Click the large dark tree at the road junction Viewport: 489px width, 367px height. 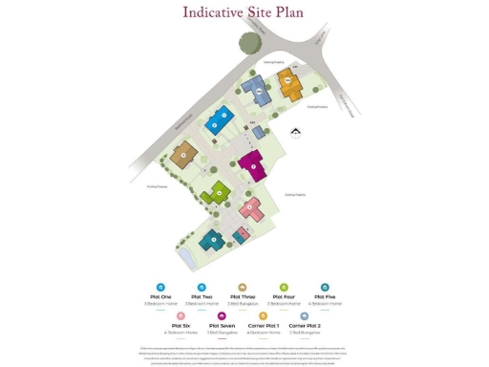pyautogui.click(x=251, y=42)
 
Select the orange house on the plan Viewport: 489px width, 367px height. pyautogui.click(x=289, y=83)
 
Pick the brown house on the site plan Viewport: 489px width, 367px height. pyautogui.click(x=183, y=155)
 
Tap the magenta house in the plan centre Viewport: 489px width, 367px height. pyautogui.click(x=252, y=164)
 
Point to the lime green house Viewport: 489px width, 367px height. pyautogui.click(x=218, y=193)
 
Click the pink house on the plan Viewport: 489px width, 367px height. pyautogui.click(x=252, y=208)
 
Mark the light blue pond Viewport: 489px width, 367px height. pyautogui.click(x=185, y=255)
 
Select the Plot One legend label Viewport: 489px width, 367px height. pyautogui.click(x=160, y=296)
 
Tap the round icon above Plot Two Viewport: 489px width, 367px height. pyautogui.click(x=202, y=286)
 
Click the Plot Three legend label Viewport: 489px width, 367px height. pyautogui.click(x=243, y=296)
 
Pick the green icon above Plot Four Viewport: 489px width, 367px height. pyautogui.click(x=284, y=286)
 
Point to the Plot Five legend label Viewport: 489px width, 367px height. pyautogui.click(x=325, y=296)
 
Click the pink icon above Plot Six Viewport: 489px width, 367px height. pyautogui.click(x=181, y=314)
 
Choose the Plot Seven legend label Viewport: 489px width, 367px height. pyautogui.click(x=222, y=325)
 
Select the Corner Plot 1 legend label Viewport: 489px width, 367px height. pyautogui.click(x=264, y=325)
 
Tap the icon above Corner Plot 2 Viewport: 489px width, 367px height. pyautogui.click(x=305, y=314)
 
